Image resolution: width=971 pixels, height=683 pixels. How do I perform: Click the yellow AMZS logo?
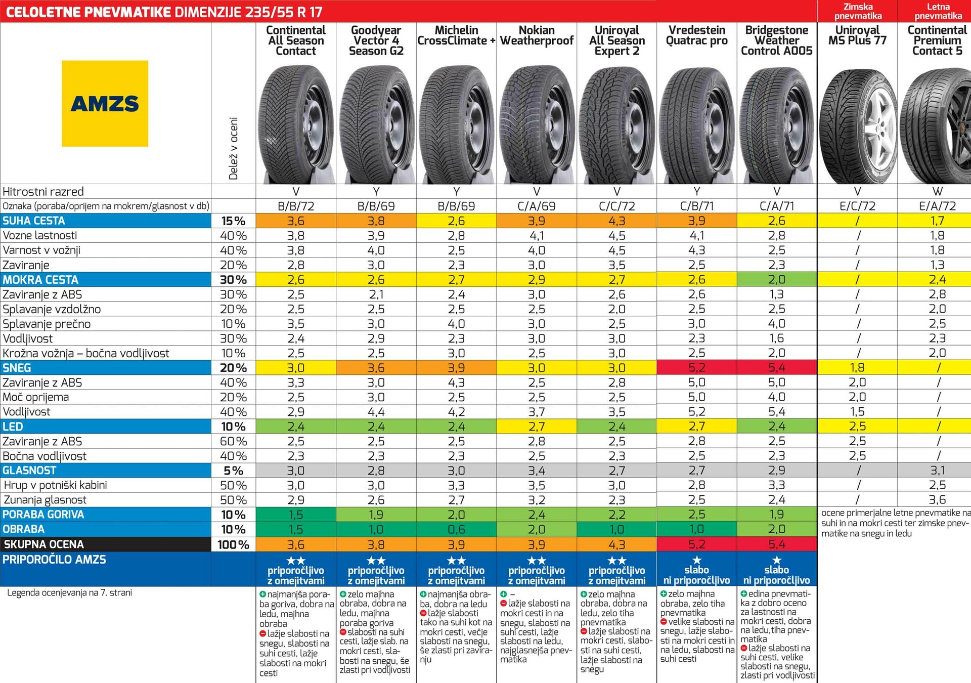[105, 104]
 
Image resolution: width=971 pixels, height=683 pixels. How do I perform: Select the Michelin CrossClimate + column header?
[456, 35]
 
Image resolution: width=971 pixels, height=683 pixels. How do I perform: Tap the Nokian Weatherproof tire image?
[537, 124]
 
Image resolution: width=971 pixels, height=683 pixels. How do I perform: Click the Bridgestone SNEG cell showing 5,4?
[777, 368]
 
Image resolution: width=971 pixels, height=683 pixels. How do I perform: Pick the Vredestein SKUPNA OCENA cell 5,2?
[696, 544]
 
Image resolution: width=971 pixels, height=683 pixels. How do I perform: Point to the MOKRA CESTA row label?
[40, 280]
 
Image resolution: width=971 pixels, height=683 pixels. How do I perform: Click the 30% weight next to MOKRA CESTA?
[233, 280]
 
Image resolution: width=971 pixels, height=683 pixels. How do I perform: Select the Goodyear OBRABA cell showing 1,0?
[376, 529]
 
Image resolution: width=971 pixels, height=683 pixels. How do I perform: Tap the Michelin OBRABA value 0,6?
[456, 529]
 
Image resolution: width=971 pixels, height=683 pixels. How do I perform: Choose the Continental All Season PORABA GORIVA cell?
[296, 515]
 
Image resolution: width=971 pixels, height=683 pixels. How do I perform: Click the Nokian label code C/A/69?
[537, 206]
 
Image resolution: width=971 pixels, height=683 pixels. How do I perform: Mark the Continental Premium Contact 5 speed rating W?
[937, 191]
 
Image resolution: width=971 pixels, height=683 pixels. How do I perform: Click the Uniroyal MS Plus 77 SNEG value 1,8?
[857, 368]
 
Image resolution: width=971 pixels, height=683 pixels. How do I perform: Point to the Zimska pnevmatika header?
[858, 11]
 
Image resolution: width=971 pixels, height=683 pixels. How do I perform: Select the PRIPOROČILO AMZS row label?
[54, 560]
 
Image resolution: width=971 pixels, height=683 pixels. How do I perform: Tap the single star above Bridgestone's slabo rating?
[777, 560]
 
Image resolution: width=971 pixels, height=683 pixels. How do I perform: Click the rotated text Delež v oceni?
[233, 148]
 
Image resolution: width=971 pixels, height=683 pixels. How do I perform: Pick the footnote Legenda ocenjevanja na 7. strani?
[69, 592]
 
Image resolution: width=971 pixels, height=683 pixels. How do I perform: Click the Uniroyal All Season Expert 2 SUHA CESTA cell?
[616, 221]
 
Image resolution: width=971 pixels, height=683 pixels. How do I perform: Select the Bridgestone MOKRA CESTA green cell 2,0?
[777, 280]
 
